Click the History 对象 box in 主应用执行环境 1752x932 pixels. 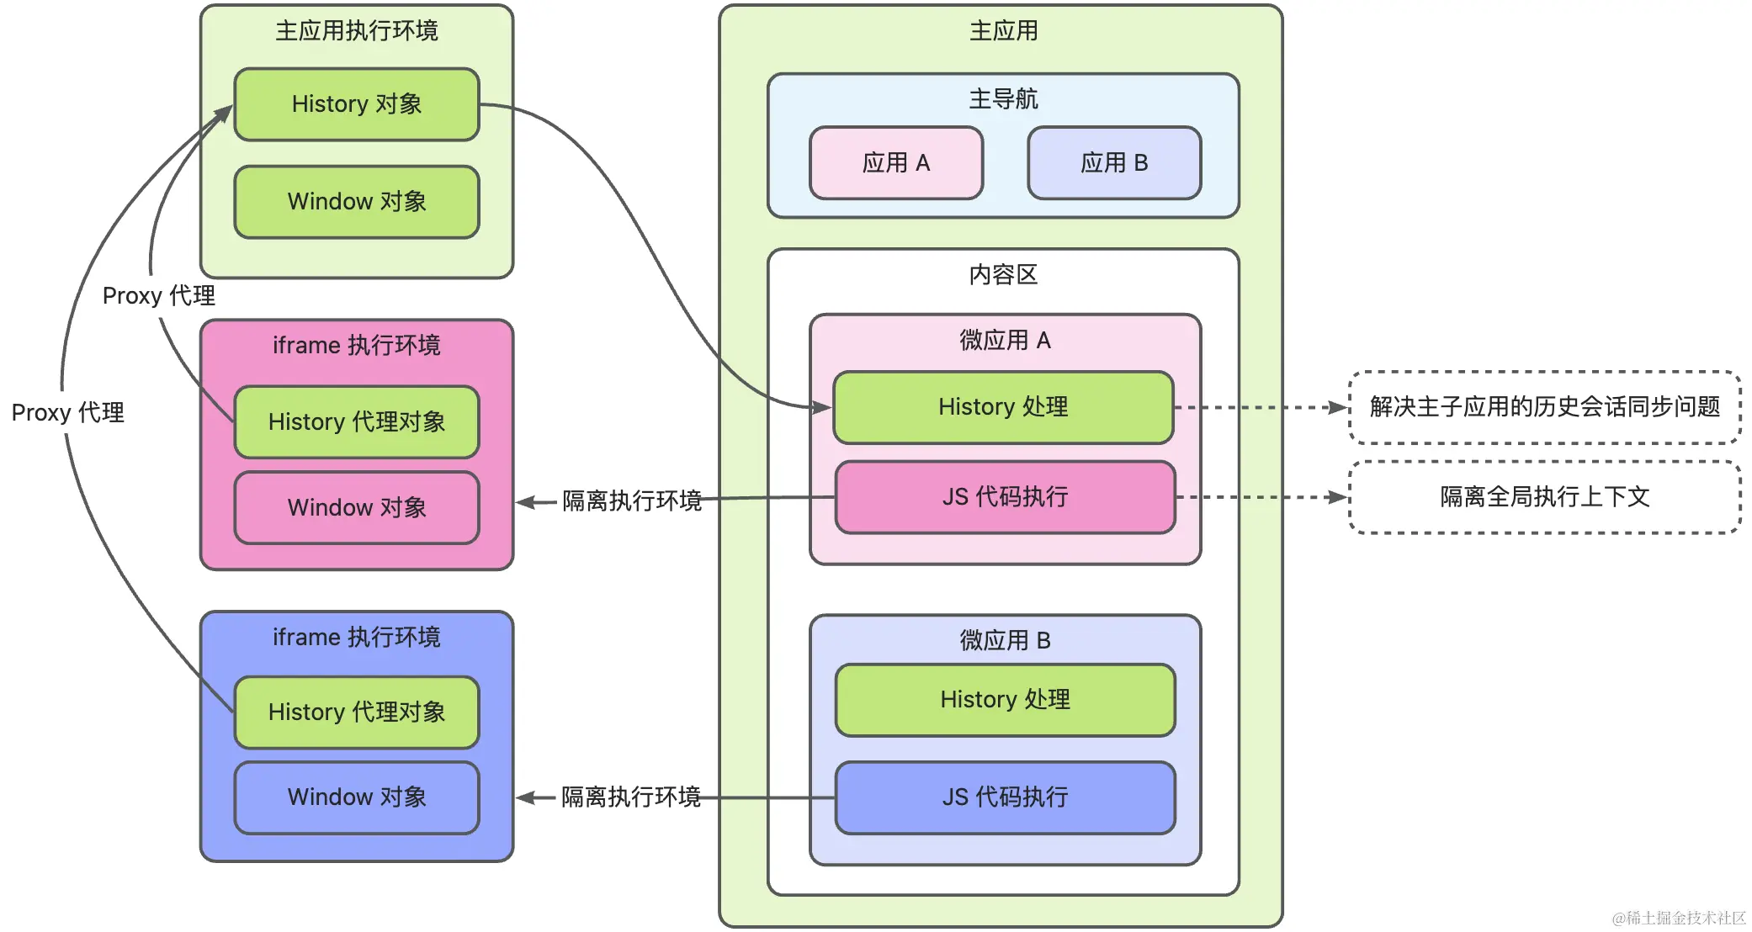[357, 104]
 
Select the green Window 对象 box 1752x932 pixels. [357, 202]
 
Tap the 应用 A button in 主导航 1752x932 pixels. [896, 163]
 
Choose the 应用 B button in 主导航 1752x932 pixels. [1114, 163]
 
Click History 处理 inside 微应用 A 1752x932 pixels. [1003, 407]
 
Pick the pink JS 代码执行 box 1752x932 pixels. [1005, 497]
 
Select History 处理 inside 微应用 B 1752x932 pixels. [1005, 700]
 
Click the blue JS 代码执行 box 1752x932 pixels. [1005, 797]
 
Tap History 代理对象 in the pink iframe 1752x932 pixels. [357, 422]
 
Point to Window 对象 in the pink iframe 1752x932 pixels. [357, 508]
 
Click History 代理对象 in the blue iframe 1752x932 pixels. [357, 712]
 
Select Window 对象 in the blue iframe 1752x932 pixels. [357, 797]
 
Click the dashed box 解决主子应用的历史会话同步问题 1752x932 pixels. [1544, 407]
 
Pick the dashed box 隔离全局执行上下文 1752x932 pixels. [1544, 497]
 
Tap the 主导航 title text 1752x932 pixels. [1003, 99]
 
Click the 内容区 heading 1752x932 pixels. [1003, 275]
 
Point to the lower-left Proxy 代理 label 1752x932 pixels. [67, 413]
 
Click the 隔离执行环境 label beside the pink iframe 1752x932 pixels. [631, 501]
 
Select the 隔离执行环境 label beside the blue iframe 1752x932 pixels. [631, 797]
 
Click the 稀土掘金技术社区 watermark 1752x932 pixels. [1679, 918]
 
